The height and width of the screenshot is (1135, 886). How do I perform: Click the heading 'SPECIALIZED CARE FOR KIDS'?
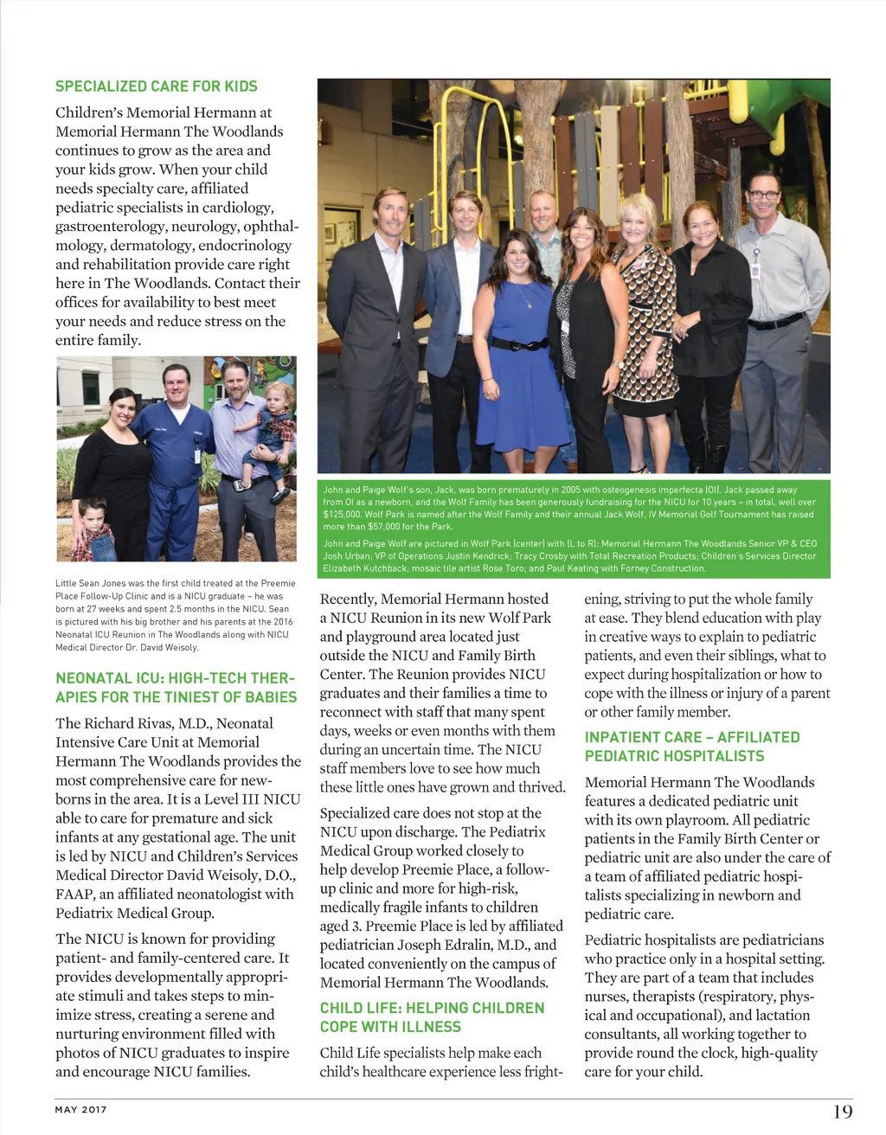click(156, 86)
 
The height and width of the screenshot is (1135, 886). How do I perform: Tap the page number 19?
click(842, 1111)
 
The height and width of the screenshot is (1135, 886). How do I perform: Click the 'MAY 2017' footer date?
click(80, 1110)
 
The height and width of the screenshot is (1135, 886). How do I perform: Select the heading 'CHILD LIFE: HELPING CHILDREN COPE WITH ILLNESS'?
click(432, 1017)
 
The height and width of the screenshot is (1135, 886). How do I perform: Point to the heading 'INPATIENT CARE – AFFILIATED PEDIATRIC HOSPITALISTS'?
click(691, 746)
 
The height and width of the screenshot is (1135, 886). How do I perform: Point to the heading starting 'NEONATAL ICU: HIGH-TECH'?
click(176, 687)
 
